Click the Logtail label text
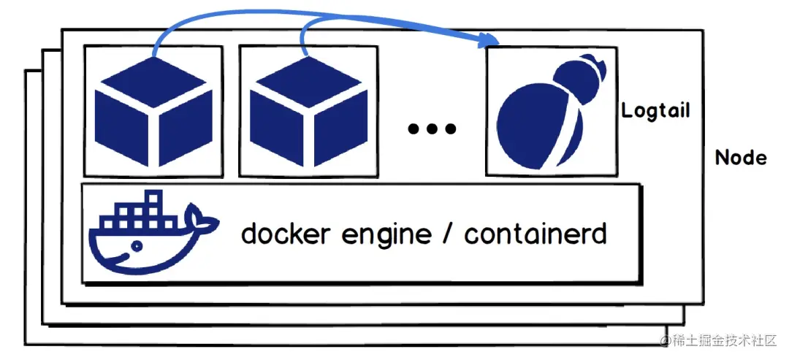pos(655,112)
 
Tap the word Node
pos(741,158)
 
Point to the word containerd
pos(535,234)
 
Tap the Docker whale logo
pos(150,232)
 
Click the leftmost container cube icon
pos(153,110)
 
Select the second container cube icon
pos(308,110)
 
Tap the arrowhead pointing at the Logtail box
pos(494,42)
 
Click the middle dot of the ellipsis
pos(432,129)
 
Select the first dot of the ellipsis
pos(413,129)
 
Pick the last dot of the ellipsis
pos(451,129)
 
